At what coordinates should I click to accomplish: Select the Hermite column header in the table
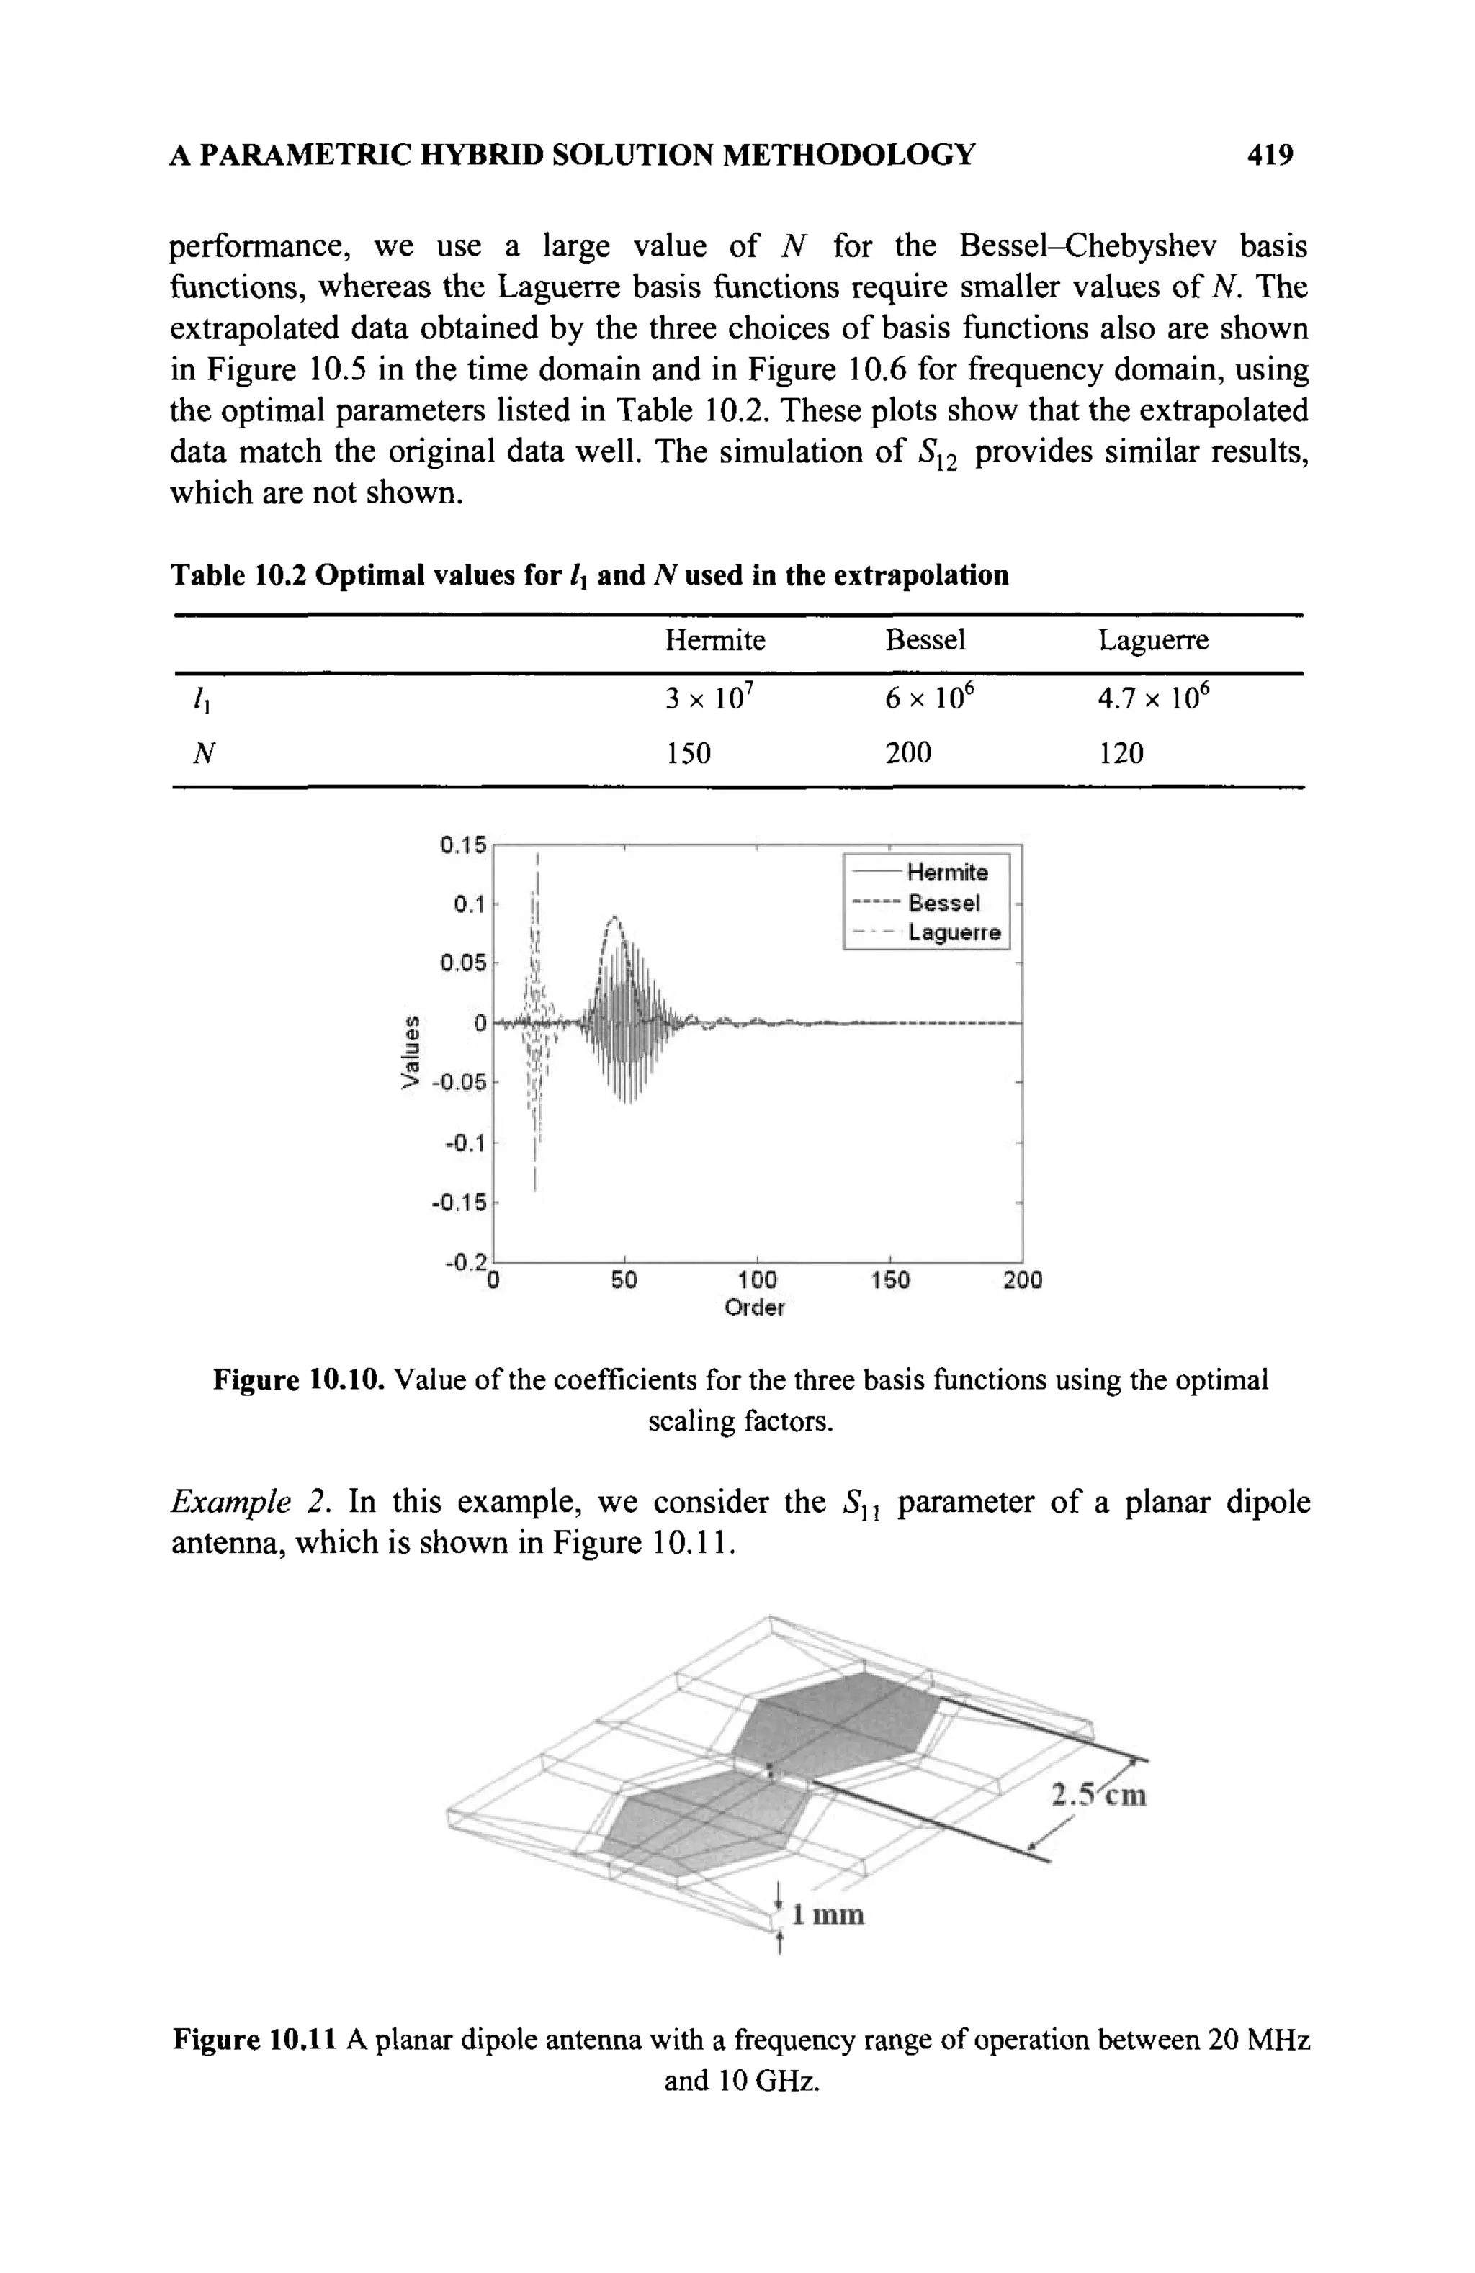[714, 640]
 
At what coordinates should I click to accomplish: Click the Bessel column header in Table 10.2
[925, 640]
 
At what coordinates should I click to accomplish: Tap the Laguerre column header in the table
[1152, 640]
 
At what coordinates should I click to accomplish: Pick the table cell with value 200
[907, 754]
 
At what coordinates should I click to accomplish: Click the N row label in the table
[202, 754]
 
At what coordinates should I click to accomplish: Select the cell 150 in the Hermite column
[689, 754]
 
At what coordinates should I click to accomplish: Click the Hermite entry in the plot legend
[946, 872]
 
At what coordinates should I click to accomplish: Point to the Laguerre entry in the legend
[954, 932]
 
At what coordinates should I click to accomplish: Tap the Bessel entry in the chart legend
[943, 903]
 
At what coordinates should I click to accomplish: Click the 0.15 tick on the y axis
[463, 845]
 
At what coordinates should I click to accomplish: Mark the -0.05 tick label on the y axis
[459, 1082]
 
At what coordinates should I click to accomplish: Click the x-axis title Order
[754, 1307]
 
